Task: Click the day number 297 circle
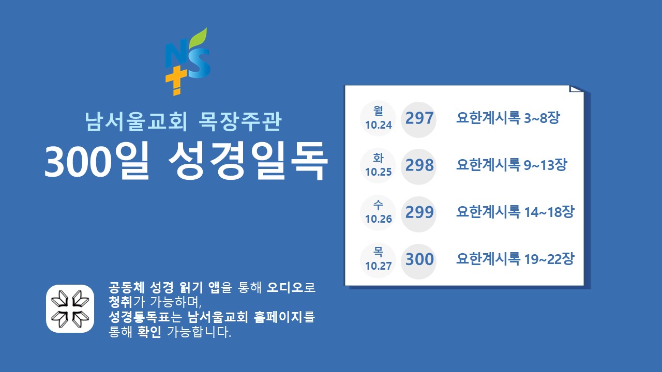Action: pos(418,119)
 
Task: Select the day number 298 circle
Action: pos(418,167)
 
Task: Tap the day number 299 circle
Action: pos(418,214)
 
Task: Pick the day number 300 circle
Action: pos(418,261)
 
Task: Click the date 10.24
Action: pos(378,125)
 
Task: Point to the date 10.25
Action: pos(378,172)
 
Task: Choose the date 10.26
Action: pos(378,219)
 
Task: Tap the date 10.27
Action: pos(378,266)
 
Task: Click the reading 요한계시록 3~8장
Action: pos(508,118)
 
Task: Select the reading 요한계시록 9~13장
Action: pos(511,165)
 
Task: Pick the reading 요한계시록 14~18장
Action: pos(515,212)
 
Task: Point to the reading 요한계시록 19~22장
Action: pos(515,259)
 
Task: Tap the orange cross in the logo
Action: pos(176,80)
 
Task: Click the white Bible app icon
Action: pos(70,309)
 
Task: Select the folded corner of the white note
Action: pos(576,88)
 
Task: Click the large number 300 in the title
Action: pos(78,163)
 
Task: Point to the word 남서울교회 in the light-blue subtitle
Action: pos(136,121)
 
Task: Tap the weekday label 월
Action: pos(378,111)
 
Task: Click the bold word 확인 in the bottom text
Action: pos(149,332)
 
